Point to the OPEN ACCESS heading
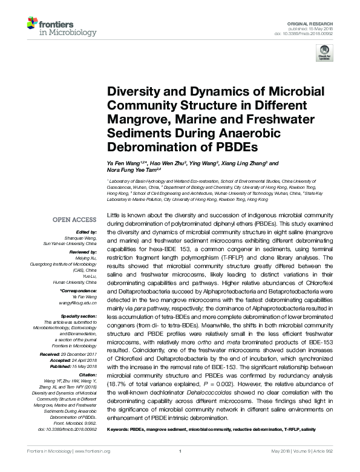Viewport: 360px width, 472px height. tap(74, 220)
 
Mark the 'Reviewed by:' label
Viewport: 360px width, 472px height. tap(83, 252)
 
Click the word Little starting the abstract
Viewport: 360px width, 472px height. tap(113, 216)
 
